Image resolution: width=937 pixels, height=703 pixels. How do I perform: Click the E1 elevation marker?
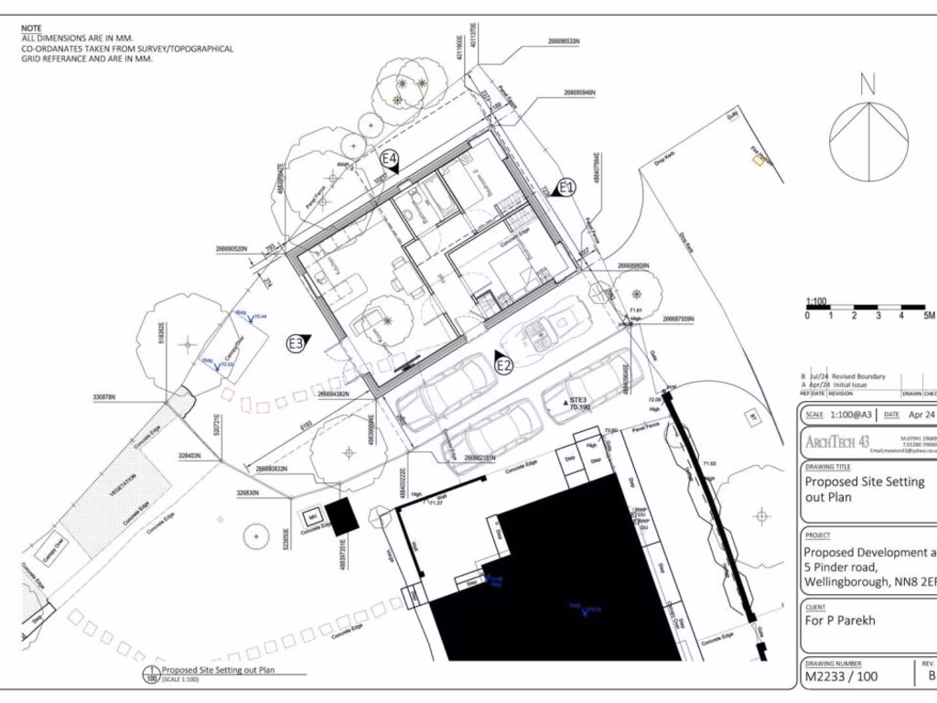566,188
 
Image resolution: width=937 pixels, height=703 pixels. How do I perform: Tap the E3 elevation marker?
296,344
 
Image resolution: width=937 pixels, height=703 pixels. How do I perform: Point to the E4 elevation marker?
390,161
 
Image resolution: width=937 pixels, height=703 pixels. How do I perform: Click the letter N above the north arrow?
867,85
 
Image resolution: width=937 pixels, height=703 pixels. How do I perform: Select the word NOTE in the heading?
31,28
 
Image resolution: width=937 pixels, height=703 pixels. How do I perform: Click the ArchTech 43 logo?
837,443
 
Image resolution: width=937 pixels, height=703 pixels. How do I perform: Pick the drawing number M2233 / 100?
840,678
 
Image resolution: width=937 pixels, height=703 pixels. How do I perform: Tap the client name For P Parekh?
840,620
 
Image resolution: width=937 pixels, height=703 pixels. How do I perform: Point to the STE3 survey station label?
578,400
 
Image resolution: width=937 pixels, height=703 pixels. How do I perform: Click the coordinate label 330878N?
110,396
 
